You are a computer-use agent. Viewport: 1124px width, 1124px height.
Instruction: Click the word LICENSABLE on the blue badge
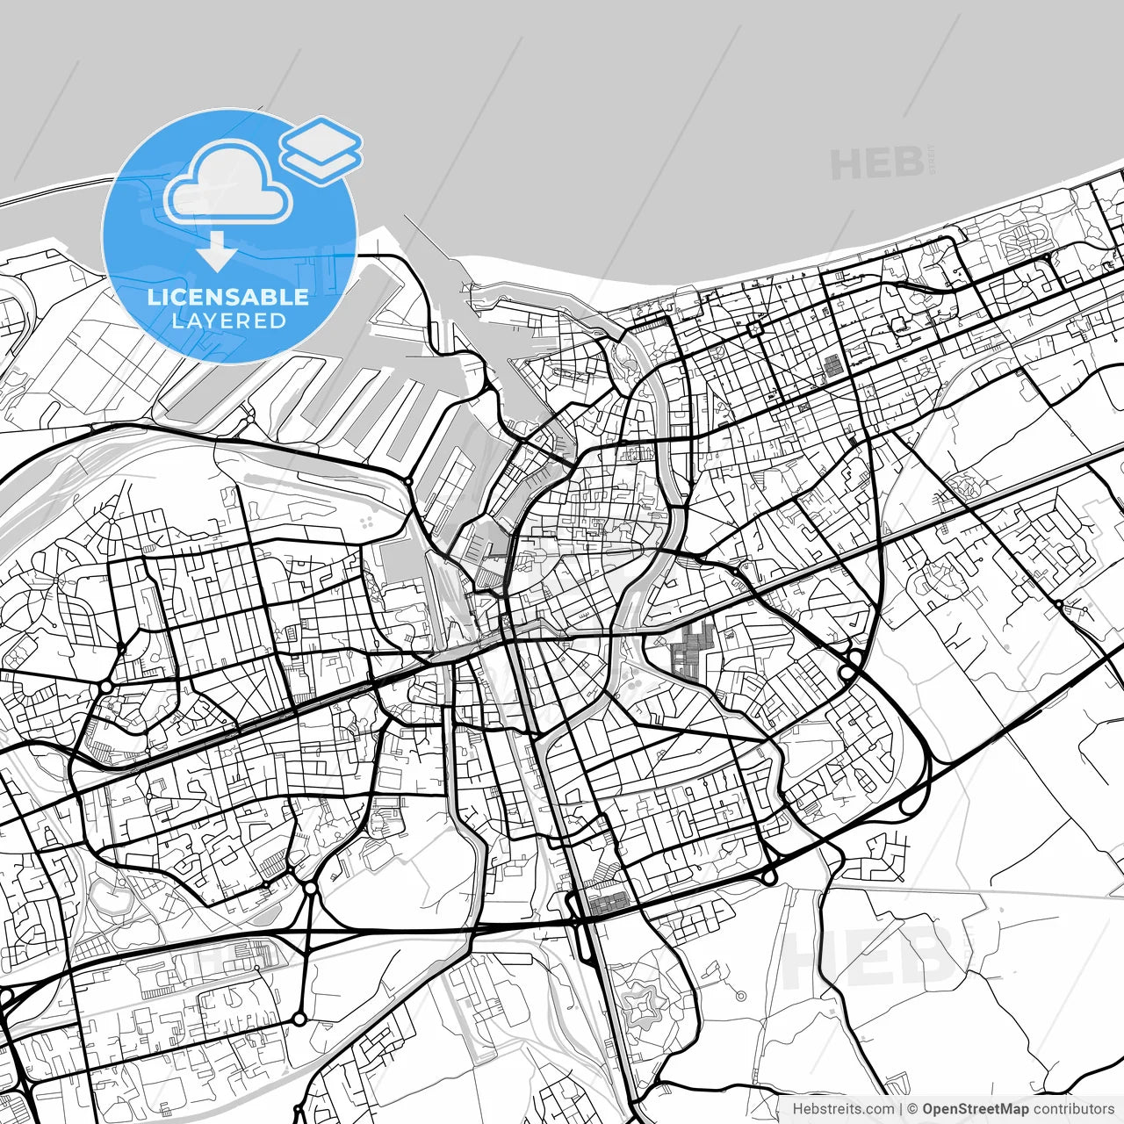[x=228, y=297]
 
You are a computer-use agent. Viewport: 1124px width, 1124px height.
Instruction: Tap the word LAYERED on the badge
[x=228, y=321]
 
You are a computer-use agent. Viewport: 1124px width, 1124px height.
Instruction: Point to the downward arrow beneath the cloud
[x=216, y=253]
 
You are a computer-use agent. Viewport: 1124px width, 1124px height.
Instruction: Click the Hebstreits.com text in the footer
[x=843, y=1109]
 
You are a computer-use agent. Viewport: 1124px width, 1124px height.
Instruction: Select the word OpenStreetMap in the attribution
[x=975, y=1109]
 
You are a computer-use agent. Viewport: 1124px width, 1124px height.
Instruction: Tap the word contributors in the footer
[x=1073, y=1109]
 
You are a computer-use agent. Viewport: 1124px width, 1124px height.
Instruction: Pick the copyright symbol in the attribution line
[x=912, y=1109]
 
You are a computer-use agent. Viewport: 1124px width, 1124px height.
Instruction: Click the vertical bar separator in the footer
[x=901, y=1109]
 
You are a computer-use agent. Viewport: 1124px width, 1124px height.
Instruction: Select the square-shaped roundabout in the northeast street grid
[x=754, y=328]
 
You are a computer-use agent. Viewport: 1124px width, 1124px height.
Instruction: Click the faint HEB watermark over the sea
[x=878, y=164]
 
